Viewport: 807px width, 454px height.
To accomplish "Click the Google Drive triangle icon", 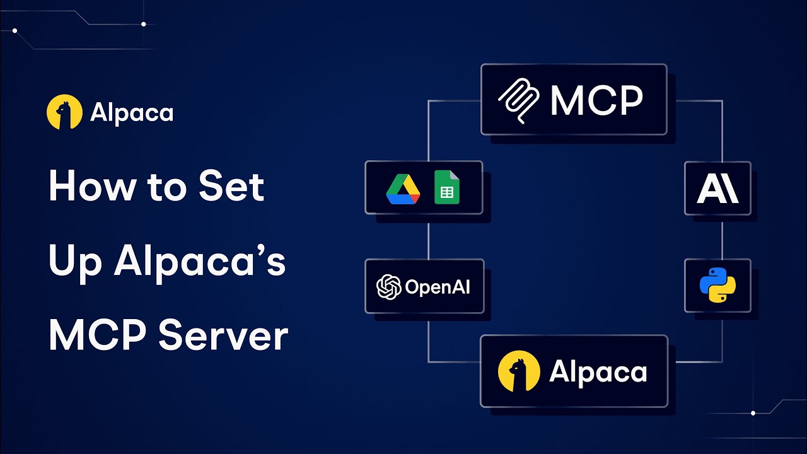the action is point(403,189).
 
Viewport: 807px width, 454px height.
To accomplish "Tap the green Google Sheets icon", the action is point(447,187).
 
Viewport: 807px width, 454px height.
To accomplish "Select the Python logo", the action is point(717,285).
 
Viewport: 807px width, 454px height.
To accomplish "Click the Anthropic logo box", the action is point(717,189).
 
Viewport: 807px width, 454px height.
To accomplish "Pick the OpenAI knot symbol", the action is point(389,287).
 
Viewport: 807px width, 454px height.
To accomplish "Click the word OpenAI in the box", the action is point(438,287).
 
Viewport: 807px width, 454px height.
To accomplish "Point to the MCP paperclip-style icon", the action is point(519,101).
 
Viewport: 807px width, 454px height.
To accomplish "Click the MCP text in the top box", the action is point(596,100).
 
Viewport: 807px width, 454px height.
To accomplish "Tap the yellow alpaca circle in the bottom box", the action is point(519,371).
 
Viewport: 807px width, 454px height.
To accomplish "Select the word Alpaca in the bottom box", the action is point(598,372).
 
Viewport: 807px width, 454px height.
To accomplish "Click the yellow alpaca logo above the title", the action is point(64,112).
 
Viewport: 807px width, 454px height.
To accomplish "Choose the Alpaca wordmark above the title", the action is point(132,113).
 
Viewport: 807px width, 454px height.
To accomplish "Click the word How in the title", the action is point(93,186).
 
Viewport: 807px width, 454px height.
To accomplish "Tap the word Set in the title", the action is point(231,186).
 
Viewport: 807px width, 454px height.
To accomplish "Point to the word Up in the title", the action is point(75,263).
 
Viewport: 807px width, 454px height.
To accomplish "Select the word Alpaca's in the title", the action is point(200,262).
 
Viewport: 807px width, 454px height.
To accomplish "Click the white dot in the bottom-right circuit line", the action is point(753,413).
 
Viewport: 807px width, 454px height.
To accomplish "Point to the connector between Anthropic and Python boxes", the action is point(723,237).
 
